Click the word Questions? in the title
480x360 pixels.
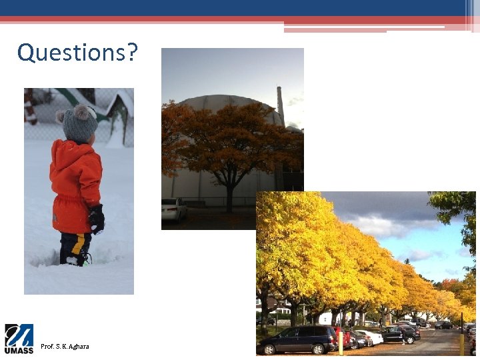click(x=78, y=52)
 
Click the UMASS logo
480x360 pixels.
click(x=19, y=339)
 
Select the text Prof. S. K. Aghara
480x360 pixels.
click(x=65, y=347)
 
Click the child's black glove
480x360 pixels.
click(x=97, y=218)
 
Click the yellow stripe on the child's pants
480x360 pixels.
click(x=79, y=245)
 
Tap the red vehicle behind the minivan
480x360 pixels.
click(x=344, y=336)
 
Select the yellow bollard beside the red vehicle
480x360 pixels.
click(x=340, y=342)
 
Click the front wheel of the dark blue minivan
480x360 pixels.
click(x=269, y=349)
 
